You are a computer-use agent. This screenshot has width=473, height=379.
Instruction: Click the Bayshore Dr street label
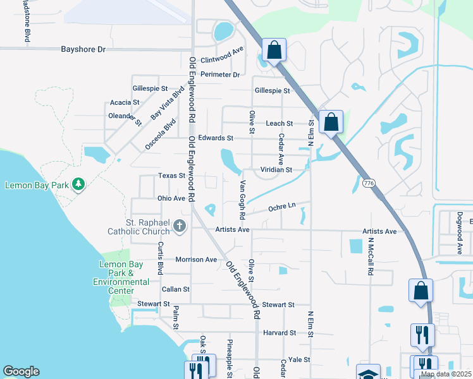coord(83,49)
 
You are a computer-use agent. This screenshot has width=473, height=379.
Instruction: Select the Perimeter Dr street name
coord(220,75)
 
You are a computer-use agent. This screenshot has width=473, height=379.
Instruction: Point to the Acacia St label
coord(125,102)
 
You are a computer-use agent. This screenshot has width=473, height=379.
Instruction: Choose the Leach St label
coord(279,123)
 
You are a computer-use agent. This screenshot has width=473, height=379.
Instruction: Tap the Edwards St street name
coord(216,138)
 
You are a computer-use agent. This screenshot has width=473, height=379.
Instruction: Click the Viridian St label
coord(276,170)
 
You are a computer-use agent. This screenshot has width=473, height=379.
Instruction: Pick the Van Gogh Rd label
coord(242,199)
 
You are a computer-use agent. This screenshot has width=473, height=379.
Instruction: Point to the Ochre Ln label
coord(282,207)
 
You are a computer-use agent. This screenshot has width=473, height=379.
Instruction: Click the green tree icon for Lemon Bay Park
coord(78,184)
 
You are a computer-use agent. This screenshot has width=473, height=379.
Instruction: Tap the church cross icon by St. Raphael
coord(179,226)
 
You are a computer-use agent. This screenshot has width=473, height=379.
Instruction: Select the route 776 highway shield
coord(369,183)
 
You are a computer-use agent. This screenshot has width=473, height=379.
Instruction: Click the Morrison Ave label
coord(196,260)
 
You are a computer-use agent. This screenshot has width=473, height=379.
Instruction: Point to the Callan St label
coord(176,289)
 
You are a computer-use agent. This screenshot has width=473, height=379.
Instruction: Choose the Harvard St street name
coord(280,333)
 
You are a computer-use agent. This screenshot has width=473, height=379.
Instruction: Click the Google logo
coord(21,371)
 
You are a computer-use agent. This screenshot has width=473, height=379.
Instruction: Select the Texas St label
coord(171,176)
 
